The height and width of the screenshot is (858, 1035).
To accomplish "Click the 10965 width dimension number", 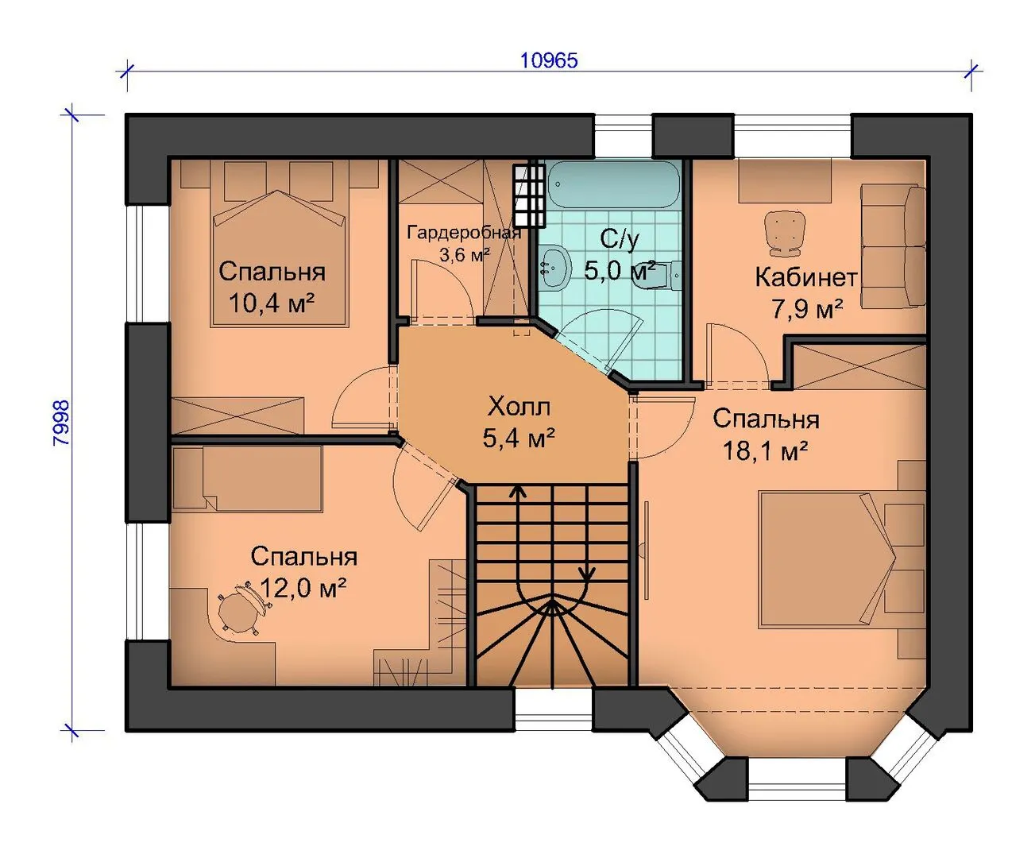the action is click(549, 60).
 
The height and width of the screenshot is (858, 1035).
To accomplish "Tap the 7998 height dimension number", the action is click(62, 423).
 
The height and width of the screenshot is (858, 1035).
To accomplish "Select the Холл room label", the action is click(519, 407).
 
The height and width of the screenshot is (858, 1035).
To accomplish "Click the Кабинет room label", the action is click(806, 277).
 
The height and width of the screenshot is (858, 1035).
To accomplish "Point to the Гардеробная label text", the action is click(464, 233).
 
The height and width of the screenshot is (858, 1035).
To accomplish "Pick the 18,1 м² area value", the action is click(766, 451).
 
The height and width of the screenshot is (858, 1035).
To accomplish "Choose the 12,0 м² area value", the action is click(303, 589).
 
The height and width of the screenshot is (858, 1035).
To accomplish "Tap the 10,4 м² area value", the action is click(272, 303).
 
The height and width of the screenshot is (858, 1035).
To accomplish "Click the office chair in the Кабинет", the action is click(784, 234).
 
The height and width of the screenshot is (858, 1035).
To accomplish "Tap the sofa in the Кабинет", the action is click(893, 246).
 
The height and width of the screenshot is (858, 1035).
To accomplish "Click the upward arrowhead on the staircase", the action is click(518, 491).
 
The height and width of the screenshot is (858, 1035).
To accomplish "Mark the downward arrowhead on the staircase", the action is click(587, 575).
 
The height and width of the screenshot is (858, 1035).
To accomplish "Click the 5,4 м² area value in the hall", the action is click(519, 439).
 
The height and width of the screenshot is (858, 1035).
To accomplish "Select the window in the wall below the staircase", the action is click(553, 710).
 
